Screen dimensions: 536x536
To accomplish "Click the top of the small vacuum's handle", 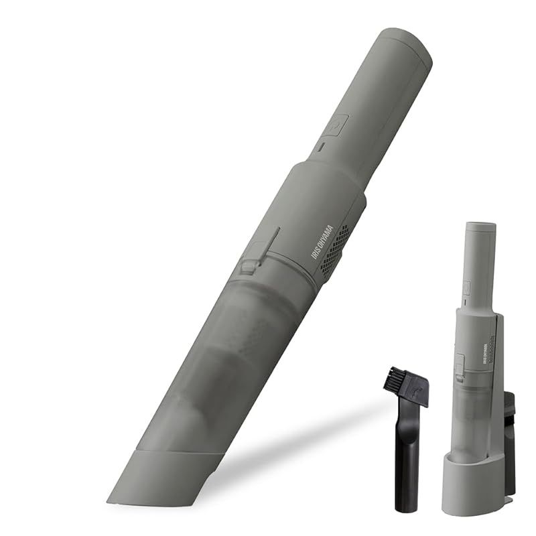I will click(x=480, y=228).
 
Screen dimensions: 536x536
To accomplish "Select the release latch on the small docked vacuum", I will click(x=460, y=365).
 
